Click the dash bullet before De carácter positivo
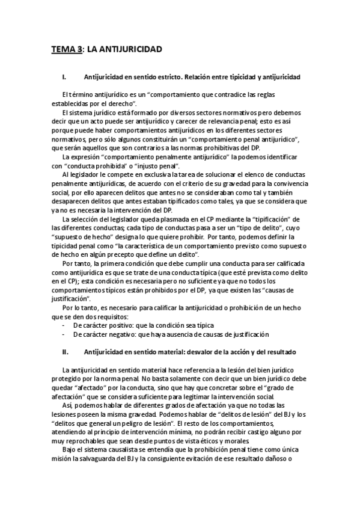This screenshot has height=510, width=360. click(x=64, y=325)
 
